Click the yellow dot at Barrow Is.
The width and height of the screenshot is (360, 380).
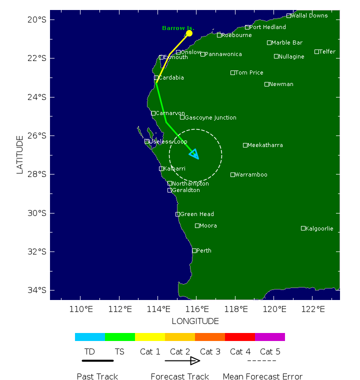click(x=189, y=33)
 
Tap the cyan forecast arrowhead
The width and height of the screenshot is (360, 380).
click(x=194, y=154)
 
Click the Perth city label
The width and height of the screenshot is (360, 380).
click(x=203, y=250)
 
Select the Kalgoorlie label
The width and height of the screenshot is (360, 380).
click(x=319, y=228)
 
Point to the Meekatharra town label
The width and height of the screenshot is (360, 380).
click(x=265, y=145)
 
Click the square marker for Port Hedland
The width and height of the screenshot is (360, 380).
click(x=247, y=27)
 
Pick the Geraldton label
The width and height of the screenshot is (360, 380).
click(x=186, y=190)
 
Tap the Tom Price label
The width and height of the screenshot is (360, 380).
click(x=249, y=72)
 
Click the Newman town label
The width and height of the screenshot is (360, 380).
click(x=281, y=84)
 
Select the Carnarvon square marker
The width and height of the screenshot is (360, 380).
click(x=153, y=113)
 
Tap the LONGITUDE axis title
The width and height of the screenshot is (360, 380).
click(x=195, y=321)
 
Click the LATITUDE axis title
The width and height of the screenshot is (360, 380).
click(x=20, y=154)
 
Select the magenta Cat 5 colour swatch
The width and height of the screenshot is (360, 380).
click(x=270, y=337)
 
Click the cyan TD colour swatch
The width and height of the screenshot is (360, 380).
click(x=90, y=337)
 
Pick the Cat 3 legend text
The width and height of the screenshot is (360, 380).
click(x=210, y=352)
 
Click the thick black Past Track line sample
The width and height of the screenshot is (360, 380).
click(x=97, y=360)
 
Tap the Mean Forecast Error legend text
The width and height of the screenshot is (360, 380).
click(x=262, y=376)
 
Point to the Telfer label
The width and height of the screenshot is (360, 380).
click(x=327, y=51)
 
